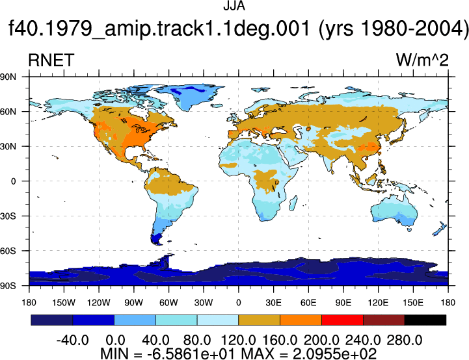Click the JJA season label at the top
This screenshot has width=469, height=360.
click(234, 6)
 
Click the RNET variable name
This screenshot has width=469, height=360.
click(51, 60)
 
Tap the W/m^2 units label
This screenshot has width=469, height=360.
click(422, 60)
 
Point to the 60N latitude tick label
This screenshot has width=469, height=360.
click(8, 112)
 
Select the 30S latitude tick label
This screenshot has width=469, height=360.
click(8, 216)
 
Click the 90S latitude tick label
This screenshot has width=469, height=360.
click(8, 286)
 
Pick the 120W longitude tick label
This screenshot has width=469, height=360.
click(99, 303)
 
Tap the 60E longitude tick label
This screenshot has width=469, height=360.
click(308, 303)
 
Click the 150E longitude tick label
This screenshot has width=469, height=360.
click(413, 303)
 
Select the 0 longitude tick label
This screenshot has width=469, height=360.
click(238, 303)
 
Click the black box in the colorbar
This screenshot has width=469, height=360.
click(425, 320)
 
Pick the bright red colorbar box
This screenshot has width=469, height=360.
click(342, 320)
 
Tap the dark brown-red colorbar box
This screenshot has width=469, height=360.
click(384, 320)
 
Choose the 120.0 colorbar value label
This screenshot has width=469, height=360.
click(238, 340)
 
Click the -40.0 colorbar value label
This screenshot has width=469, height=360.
click(72, 340)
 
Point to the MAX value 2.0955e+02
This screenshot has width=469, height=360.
click(334, 354)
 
